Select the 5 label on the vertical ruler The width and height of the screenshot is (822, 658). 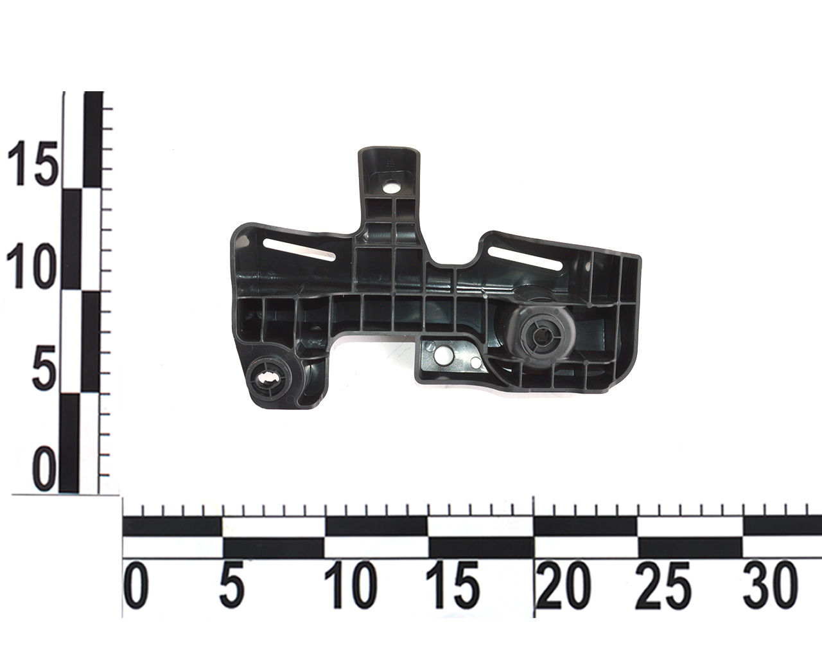pos(44,368)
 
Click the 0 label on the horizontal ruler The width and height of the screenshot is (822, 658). pos(136,585)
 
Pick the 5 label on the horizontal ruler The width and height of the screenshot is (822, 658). pos(231,585)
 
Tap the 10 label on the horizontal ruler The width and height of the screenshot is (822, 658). pos(351,585)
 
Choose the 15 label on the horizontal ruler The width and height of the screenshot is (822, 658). pos(453,585)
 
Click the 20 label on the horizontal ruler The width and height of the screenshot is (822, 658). pos(564,585)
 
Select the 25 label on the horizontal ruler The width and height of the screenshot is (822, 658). pos(663,585)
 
